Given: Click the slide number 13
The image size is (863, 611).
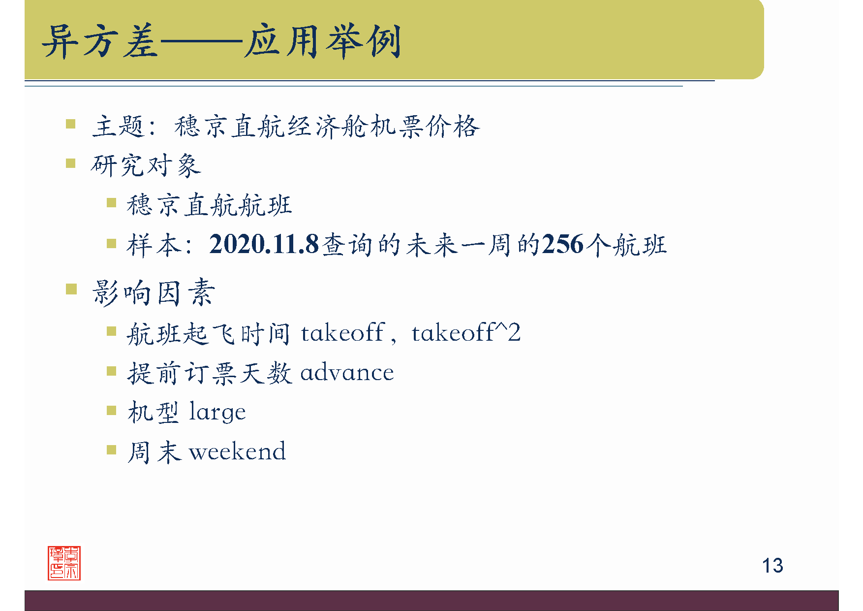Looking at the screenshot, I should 772,566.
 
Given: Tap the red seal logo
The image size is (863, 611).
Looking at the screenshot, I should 64,563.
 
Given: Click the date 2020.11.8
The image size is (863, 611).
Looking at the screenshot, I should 264,244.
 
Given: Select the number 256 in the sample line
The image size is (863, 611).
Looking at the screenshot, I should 562,244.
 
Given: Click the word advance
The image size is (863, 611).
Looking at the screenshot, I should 347,373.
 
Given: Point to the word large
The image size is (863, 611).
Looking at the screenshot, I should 217,412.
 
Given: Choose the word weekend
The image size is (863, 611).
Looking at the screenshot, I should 237,451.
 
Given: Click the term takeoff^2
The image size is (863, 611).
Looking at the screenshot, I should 466,333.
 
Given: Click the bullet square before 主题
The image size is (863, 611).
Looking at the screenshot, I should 71,124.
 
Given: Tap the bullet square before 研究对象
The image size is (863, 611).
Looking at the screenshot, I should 71,163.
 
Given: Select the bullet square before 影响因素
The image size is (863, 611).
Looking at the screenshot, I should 71,289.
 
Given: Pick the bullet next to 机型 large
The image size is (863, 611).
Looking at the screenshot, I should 112,410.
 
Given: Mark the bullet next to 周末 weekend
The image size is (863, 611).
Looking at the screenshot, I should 112,450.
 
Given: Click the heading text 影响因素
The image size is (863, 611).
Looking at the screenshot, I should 154,292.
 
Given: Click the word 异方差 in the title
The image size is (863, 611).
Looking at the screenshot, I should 100,41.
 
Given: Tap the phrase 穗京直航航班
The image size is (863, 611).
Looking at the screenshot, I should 209,205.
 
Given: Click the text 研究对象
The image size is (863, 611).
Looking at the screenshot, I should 146,165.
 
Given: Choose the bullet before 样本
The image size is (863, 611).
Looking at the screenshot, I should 112,243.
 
